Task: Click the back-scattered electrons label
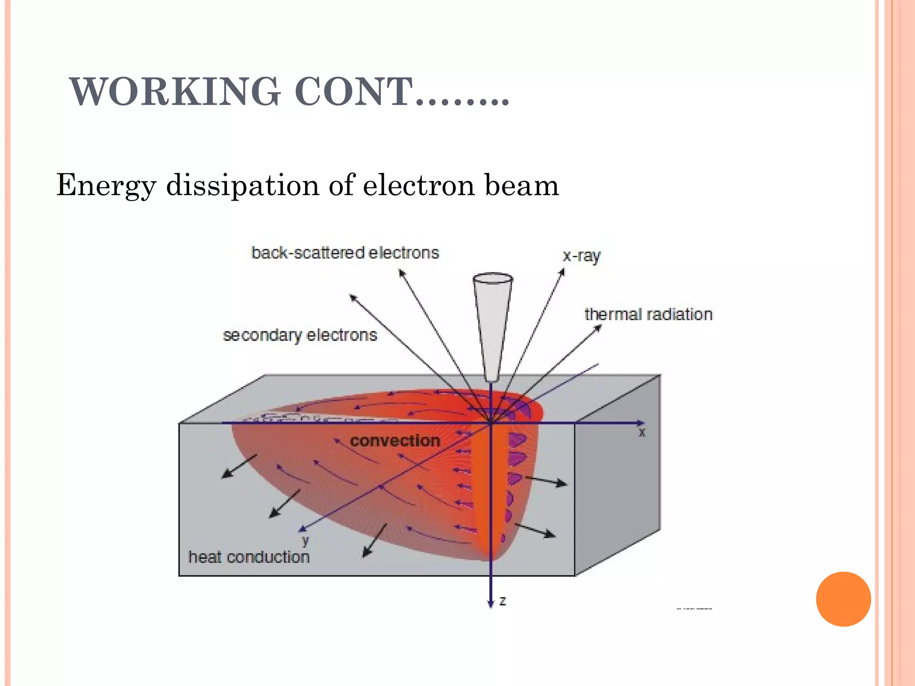[x=345, y=253]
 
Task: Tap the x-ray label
[x=581, y=256]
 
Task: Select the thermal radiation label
[x=648, y=314]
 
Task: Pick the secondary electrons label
[x=300, y=335]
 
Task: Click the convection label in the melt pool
[x=395, y=441]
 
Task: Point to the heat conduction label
[x=249, y=557]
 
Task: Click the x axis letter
[x=642, y=432]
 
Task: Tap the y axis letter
[x=306, y=541]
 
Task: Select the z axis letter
[x=503, y=601]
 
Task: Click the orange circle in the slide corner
[x=843, y=599]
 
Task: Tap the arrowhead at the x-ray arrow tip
[x=562, y=271]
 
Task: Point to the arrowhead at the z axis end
[x=491, y=603]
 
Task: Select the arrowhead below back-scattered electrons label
[x=401, y=272]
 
